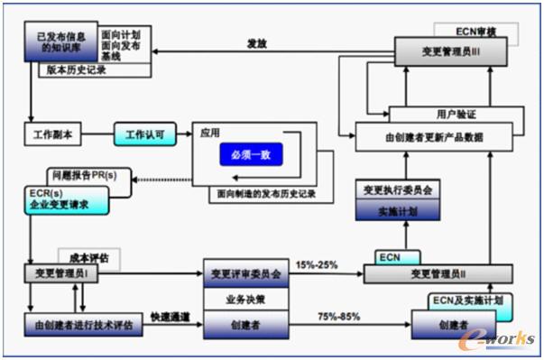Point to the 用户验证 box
tap(454, 115)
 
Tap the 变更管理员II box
tap(438, 272)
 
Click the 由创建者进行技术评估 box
tap(82, 324)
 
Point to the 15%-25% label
tap(318, 265)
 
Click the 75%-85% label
tap(338, 317)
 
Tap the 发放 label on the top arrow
tap(257, 42)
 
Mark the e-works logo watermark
tap(497, 338)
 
